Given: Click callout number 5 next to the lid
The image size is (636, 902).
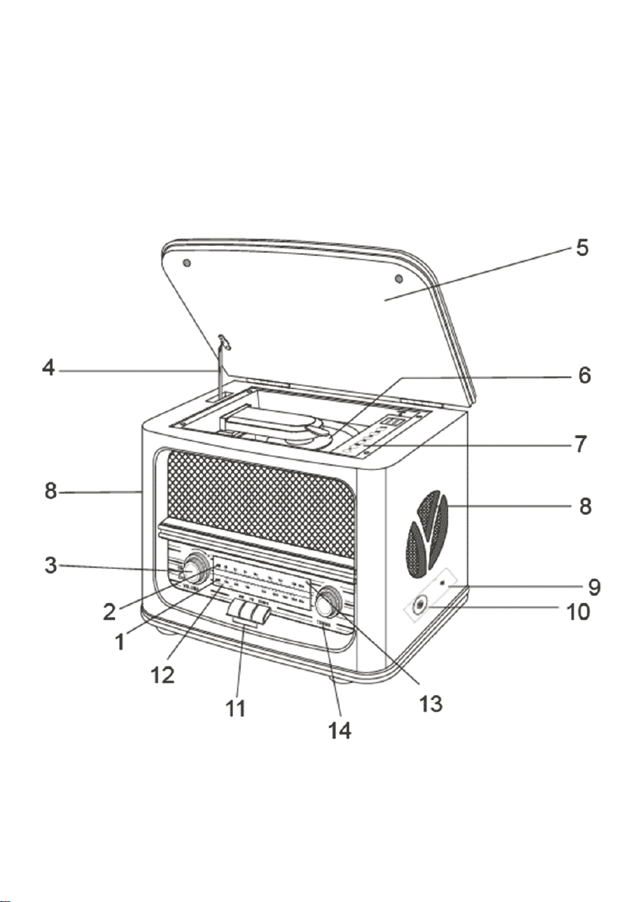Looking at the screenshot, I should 581,248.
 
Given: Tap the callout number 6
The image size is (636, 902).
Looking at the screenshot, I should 581,376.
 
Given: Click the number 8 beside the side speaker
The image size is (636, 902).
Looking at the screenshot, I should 585,505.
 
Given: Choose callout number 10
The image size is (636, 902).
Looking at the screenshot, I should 578,611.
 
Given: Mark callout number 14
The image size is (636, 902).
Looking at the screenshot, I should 339,732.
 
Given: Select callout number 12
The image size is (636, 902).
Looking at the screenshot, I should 162,673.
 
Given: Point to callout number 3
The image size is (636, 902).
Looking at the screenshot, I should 50,565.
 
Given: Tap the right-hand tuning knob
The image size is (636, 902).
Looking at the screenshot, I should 329,604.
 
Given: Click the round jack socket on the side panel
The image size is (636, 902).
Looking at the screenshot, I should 419,604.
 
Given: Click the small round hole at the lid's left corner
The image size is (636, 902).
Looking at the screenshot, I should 188,263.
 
